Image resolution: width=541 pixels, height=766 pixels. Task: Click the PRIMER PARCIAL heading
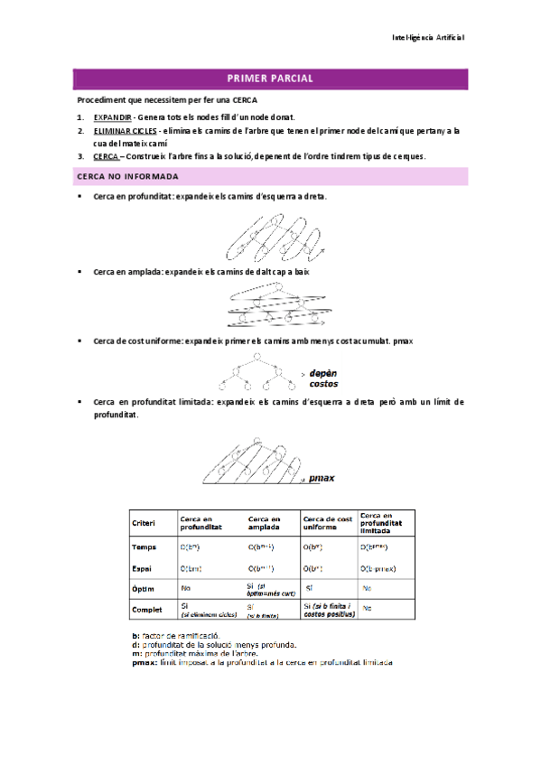pos(271,79)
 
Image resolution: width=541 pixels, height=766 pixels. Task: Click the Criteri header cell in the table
pos(144,523)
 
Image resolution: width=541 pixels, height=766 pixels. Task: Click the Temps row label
pos(144,546)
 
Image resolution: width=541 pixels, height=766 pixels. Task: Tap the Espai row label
pos(141,568)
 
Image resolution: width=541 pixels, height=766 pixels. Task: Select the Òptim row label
pos(143,588)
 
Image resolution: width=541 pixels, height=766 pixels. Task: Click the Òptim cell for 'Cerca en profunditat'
pos(186,588)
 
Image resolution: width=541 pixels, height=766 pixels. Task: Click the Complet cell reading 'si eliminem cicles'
pos(208,614)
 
